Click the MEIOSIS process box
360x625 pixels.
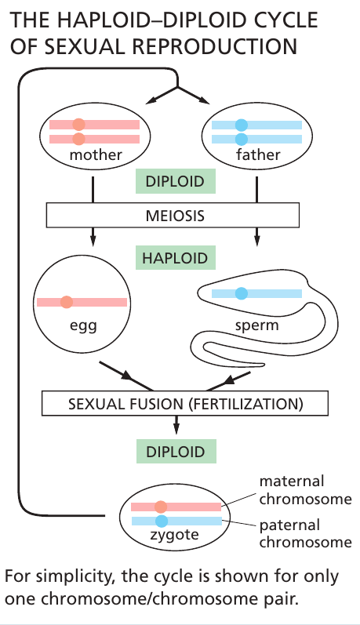tap(173, 214)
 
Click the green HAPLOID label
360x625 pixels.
tap(176, 257)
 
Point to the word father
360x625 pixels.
tap(257, 154)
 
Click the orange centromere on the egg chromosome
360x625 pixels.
tap(67, 302)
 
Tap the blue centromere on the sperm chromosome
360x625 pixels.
tap(242, 293)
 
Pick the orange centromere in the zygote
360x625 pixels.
tap(161, 507)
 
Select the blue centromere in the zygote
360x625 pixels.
tap(161, 521)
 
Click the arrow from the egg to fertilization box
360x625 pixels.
tap(129, 374)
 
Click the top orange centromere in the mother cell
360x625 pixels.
tap(78, 125)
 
